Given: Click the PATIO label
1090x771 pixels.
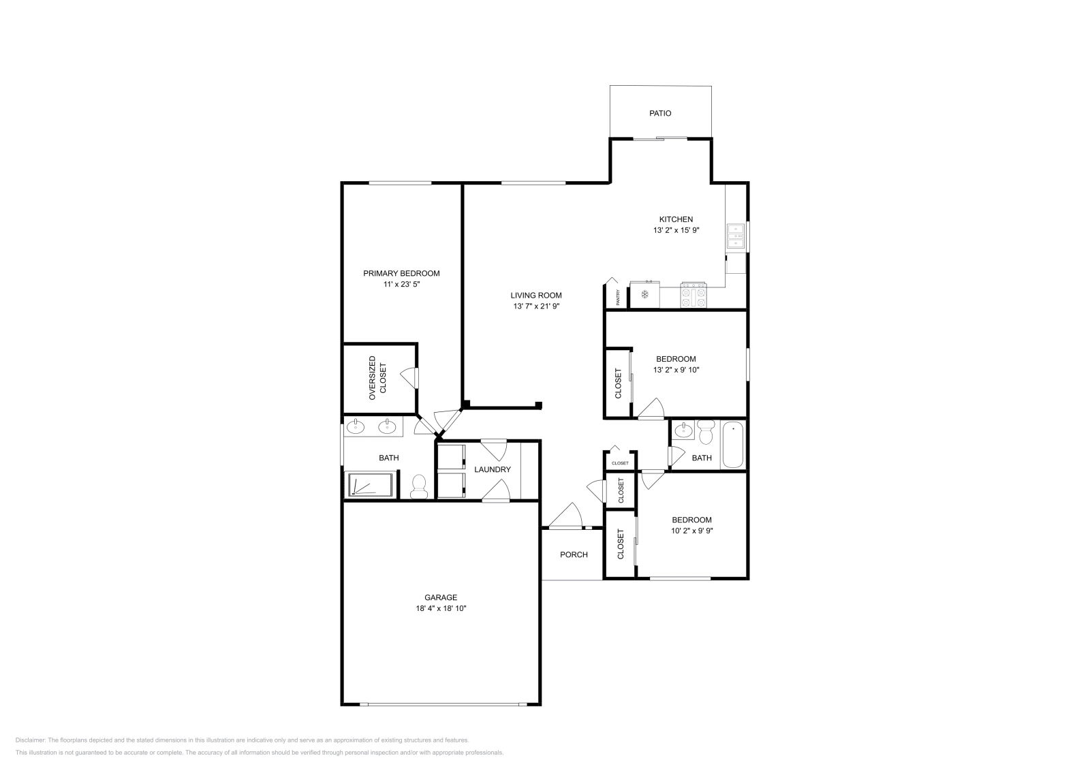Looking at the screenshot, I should (659, 113).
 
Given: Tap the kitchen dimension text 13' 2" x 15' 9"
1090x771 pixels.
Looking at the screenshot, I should (676, 230).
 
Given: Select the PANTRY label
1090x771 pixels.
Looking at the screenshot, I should (617, 297).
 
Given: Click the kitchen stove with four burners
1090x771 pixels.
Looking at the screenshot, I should (694, 296).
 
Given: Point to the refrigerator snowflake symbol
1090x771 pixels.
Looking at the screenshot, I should (644, 295).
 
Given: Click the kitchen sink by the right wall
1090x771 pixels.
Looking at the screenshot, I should (736, 236).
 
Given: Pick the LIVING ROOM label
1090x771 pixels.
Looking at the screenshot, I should (536, 295).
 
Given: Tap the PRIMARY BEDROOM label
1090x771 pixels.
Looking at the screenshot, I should (401, 273).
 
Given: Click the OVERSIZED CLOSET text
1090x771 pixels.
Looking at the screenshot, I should (377, 377).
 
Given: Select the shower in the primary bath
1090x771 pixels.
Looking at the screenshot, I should (370, 485).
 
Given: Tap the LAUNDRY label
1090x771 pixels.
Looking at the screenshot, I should (492, 469).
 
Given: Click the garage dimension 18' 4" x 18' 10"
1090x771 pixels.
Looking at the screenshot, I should (441, 608).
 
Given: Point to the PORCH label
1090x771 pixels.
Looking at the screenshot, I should (574, 554).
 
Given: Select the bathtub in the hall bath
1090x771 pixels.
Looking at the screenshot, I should (733, 445).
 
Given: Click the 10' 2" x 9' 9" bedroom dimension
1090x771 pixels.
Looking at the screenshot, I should (691, 531).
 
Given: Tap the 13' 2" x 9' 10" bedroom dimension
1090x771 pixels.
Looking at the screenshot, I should (676, 370).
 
